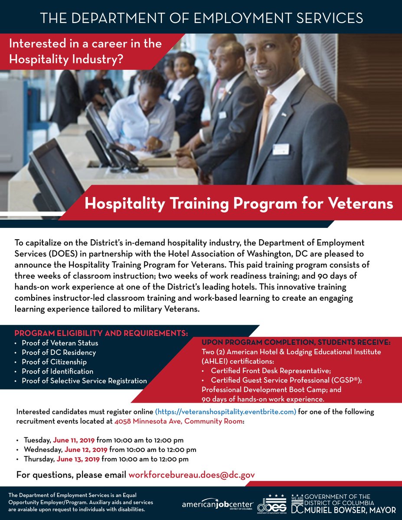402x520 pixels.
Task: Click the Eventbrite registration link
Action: point(226,412)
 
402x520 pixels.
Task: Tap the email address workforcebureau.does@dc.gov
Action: point(191,475)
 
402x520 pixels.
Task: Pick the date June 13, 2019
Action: point(78,459)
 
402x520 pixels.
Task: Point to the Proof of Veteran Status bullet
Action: point(60,343)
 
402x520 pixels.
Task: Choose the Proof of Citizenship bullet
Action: point(54,362)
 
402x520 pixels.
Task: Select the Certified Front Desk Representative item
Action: point(271,371)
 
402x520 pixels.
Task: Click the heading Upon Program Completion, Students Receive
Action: point(296,342)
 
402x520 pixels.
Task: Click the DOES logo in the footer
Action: point(271,504)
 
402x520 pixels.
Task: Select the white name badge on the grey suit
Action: point(281,149)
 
